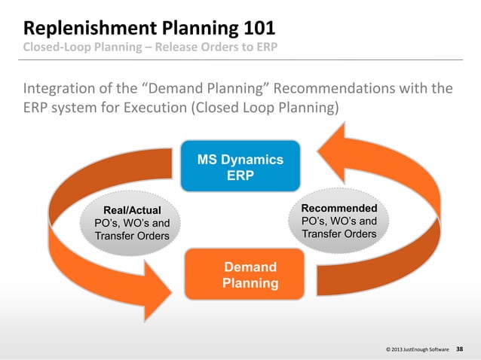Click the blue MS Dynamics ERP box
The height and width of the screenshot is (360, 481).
pyautogui.click(x=240, y=167)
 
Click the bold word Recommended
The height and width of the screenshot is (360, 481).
pyautogui.click(x=339, y=207)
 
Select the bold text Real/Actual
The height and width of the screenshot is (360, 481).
pyautogui.click(x=132, y=209)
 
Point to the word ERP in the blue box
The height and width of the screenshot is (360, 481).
pyautogui.click(x=240, y=175)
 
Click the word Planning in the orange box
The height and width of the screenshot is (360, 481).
pyautogui.click(x=250, y=284)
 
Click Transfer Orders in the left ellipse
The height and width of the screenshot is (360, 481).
pyautogui.click(x=132, y=236)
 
